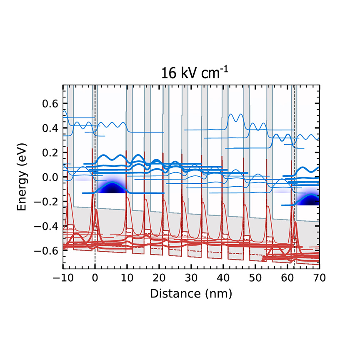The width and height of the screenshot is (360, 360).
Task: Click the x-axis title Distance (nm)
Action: [191, 293]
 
